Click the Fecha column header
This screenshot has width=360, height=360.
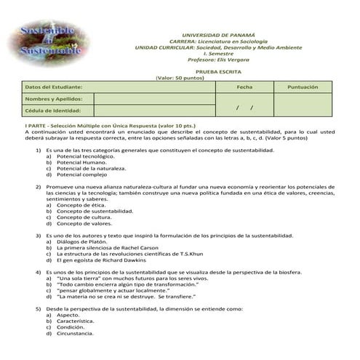coord(245,87)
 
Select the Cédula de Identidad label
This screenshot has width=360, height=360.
coord(52,111)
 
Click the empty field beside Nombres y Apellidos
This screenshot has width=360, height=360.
coord(154,98)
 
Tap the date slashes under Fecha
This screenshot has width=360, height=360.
coord(245,107)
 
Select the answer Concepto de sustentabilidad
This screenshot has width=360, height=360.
coord(95,211)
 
